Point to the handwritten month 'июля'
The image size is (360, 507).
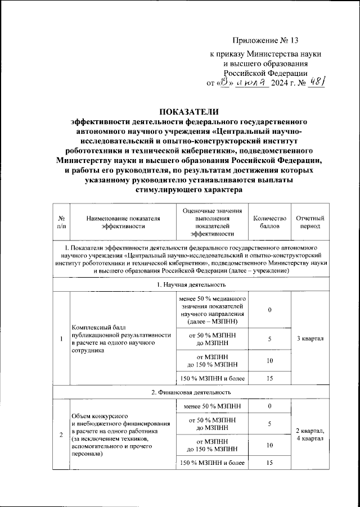(x=251, y=83)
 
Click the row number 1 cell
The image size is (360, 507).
(x=61, y=338)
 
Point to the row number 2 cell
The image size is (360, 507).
(x=61, y=434)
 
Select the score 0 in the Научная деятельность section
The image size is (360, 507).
(x=270, y=310)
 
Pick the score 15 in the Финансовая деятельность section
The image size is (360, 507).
(x=270, y=463)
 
